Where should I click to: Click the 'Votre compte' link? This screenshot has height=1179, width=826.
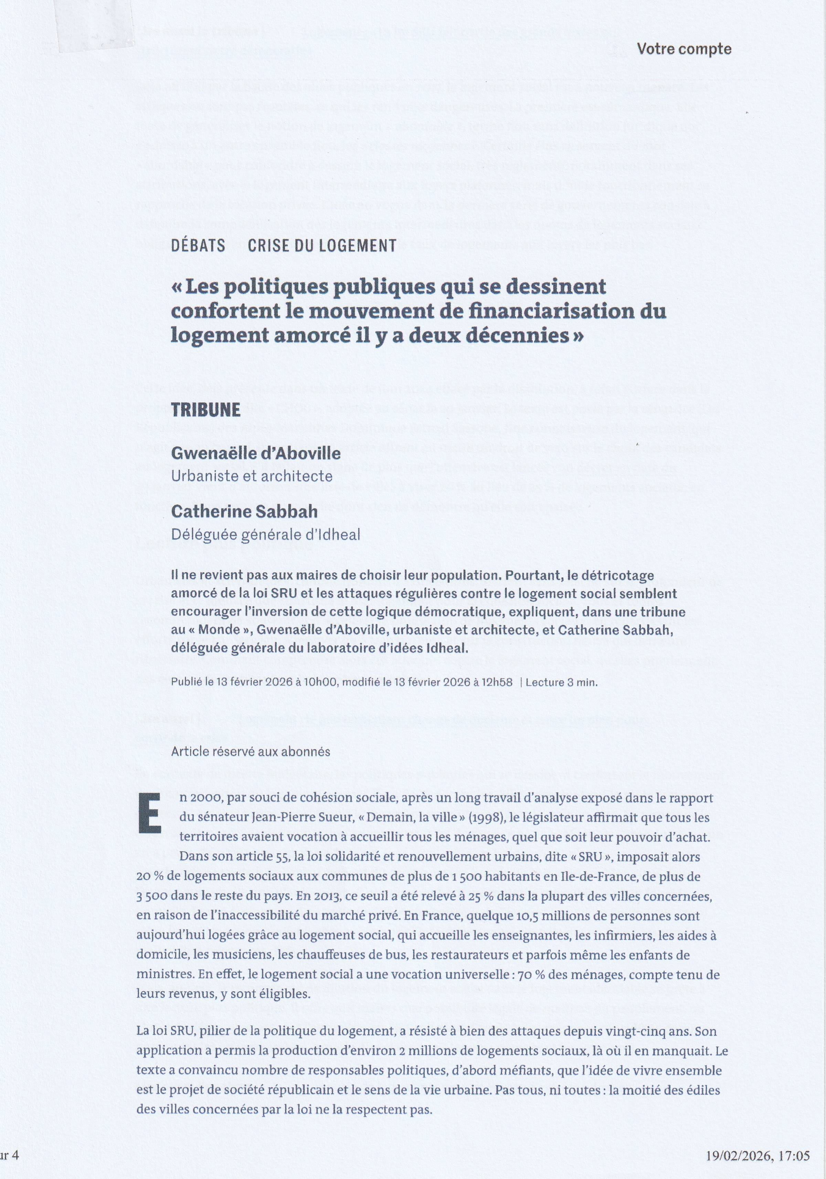pos(683,49)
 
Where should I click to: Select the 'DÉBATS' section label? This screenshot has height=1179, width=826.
pos(198,246)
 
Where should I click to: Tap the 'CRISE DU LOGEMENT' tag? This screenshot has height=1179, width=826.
pos(322,246)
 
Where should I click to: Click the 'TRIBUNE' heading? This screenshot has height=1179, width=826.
pos(206,410)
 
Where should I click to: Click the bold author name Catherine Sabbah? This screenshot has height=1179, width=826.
pos(244,512)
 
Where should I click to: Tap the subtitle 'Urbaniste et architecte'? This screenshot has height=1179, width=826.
pos(252,476)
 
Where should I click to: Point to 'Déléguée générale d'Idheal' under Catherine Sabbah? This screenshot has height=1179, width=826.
pos(265,534)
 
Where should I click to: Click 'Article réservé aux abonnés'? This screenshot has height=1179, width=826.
pos(251,751)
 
